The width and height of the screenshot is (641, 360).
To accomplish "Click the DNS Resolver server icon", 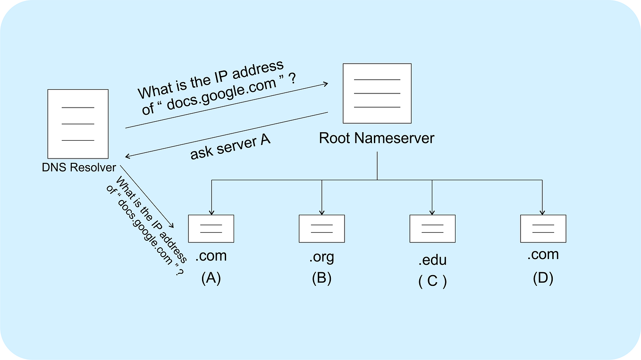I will (78, 124).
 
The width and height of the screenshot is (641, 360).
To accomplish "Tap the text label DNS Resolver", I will (79, 167).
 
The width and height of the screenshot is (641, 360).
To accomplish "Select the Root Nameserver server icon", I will (377, 93).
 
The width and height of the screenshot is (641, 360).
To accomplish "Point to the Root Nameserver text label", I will (377, 138).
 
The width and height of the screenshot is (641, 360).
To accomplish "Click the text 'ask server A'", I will (230, 147).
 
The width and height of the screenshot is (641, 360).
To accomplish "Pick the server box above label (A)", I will (211, 228).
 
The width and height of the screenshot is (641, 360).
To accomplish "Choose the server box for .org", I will (321, 228).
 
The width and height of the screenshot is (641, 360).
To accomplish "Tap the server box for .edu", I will (432, 228).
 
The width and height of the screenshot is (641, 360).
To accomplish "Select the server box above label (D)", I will (543, 228).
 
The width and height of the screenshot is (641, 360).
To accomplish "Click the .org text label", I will (321, 257).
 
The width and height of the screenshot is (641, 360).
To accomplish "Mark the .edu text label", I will (432, 260).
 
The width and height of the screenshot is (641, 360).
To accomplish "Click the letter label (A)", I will (211, 278).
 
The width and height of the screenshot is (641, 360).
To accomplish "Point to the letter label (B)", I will (321, 278).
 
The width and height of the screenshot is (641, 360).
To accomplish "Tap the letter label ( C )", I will (432, 281).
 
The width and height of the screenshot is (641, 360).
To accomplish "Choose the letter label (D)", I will (543, 278).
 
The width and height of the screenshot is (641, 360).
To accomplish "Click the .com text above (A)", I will (211, 256).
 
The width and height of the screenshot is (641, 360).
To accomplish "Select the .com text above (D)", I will (543, 255).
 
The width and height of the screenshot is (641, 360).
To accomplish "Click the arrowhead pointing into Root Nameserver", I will (325, 84).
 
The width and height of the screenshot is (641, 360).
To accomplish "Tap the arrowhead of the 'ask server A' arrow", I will (128, 157).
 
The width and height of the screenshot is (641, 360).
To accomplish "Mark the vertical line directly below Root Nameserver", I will (377, 165).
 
